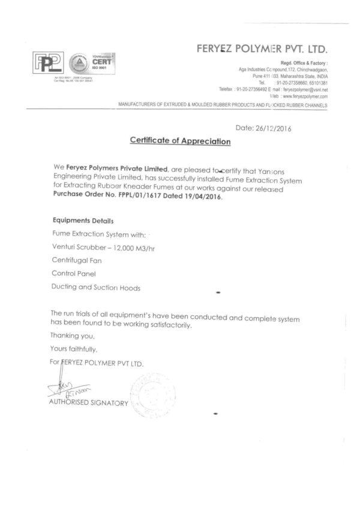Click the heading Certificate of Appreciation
tap(180, 141)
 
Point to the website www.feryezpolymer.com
tap(307, 96)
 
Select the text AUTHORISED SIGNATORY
tap(89, 403)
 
